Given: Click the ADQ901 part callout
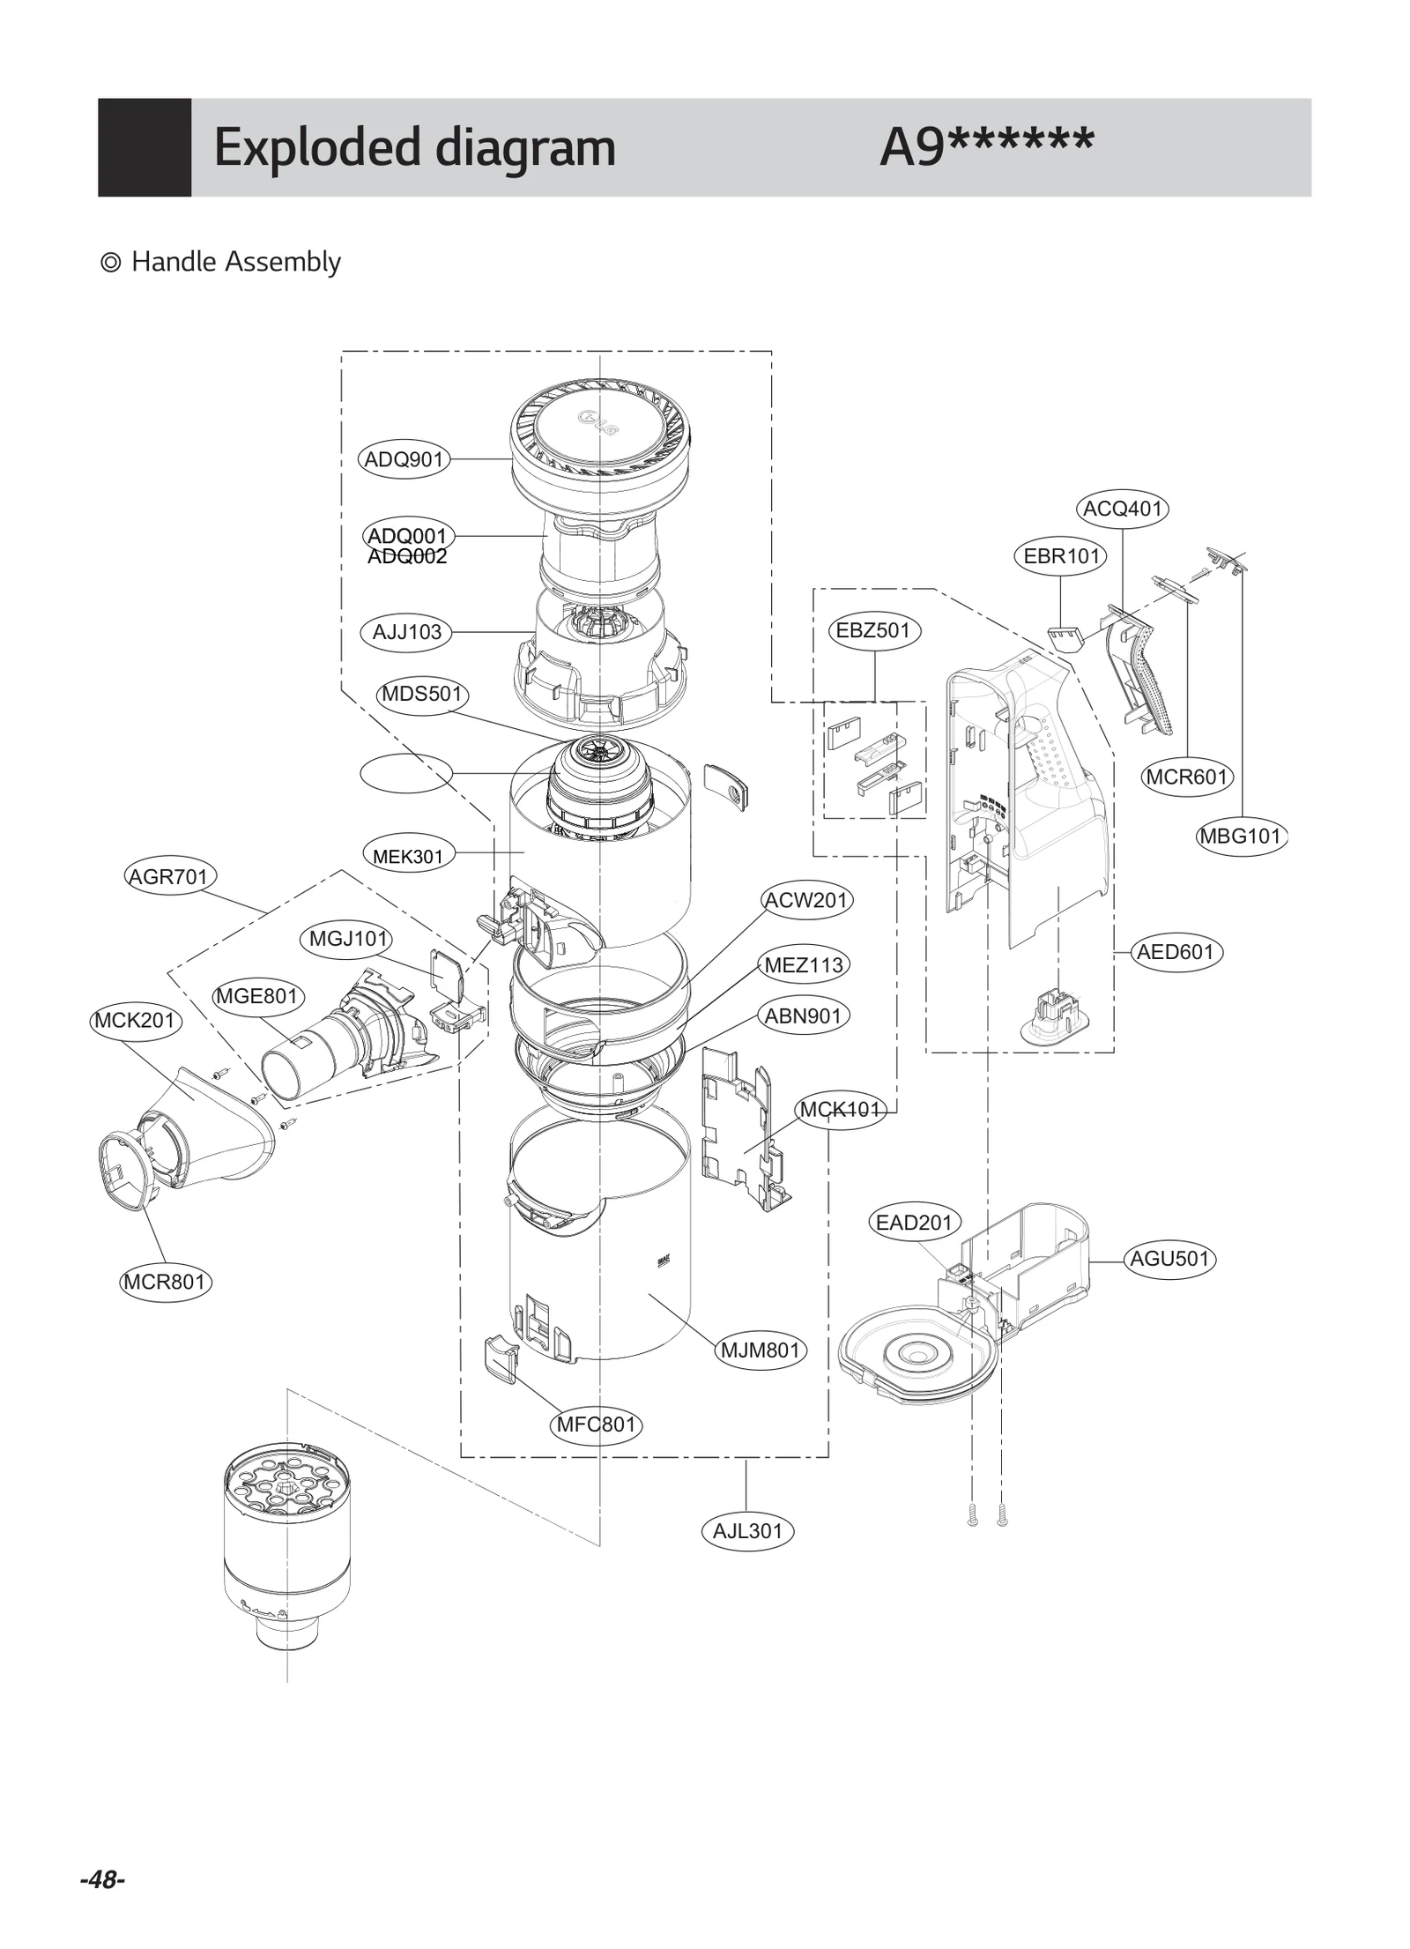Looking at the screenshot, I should coord(404,459).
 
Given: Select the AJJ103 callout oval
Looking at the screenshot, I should coord(406,632).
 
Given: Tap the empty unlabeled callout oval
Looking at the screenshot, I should coord(406,773).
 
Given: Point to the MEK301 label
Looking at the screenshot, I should coord(408,855).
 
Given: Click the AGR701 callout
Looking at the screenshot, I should coord(168,876).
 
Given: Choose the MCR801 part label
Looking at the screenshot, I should coord(165,1282).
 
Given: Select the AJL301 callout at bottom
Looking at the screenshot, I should coord(747,1531).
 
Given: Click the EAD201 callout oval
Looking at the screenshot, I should coord(914,1223).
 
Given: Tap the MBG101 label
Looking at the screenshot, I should coord(1241,835).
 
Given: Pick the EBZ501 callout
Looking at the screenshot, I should coord(872,630).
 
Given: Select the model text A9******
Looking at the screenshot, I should coord(986,145).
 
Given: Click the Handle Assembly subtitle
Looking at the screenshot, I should coord(234,262).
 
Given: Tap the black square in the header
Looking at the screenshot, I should coord(145,147).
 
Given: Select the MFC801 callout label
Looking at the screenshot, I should coord(596,1425).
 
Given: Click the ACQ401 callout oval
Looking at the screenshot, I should coord(1122,509).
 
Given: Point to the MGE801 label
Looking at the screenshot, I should coord(257,996).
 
